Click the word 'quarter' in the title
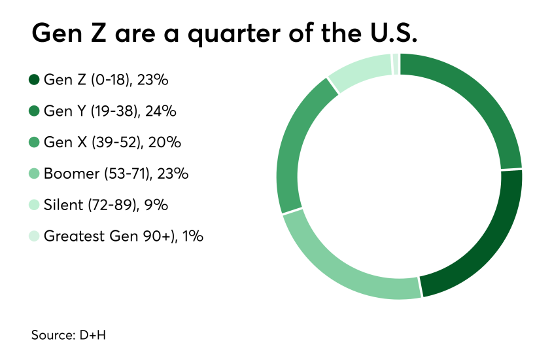(x=232, y=33)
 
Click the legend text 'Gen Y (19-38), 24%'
(x=110, y=111)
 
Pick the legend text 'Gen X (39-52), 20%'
(x=112, y=142)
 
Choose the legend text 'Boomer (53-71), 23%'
(x=116, y=173)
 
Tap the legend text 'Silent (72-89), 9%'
(x=106, y=205)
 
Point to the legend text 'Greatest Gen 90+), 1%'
(x=123, y=236)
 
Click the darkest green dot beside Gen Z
(x=34, y=80)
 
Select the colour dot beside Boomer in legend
(x=34, y=173)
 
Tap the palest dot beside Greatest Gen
(x=34, y=236)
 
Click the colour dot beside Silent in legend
(x=34, y=205)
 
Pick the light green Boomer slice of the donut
(x=340, y=268)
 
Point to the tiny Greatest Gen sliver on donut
(x=396, y=64)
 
